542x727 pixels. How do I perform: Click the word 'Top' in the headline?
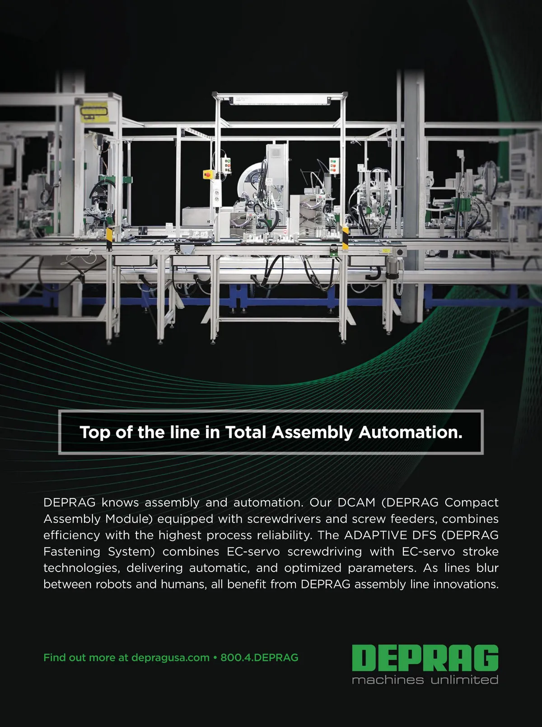coord(95,433)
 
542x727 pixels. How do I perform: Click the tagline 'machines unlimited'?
coord(425,680)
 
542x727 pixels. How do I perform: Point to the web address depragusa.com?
coord(171,658)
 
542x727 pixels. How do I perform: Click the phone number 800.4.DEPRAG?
coord(259,657)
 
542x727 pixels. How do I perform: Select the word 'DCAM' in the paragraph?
coord(356,503)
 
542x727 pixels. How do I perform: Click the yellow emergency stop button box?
coord(209,174)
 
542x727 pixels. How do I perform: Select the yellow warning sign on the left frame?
coord(94,111)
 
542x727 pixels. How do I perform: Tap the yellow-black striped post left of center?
coord(109,239)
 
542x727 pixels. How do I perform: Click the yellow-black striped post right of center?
coord(345,238)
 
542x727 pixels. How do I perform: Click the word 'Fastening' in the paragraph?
coord(72,551)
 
